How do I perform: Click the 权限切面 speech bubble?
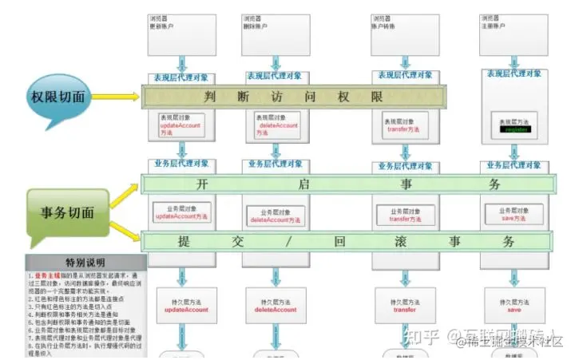point(63,99)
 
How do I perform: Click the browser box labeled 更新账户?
point(180,33)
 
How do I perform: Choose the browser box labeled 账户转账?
point(403,33)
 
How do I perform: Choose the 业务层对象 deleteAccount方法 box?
point(275,214)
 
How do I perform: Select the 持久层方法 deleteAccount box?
point(275,304)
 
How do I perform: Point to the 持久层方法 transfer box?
point(405,304)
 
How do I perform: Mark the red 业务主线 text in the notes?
point(46,275)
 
